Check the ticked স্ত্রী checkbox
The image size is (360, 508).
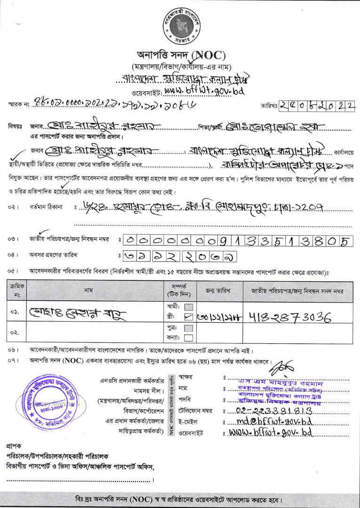189,317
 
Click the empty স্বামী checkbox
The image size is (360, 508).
189,307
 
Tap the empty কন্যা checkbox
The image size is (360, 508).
189,338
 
